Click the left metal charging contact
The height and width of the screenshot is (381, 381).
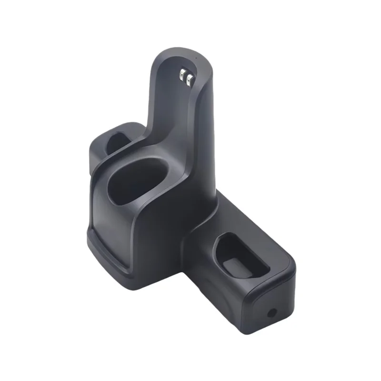click(182, 76)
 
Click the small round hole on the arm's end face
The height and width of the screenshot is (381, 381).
click(272, 313)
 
